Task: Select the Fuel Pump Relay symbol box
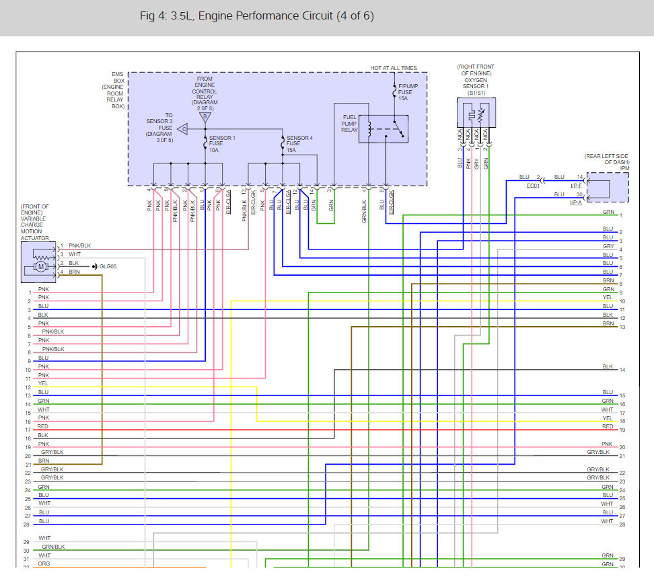tap(383, 128)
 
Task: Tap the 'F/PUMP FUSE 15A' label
tap(406, 92)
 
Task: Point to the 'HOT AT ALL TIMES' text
tap(394, 68)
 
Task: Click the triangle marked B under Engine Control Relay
tap(204, 116)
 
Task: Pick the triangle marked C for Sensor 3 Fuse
tap(183, 126)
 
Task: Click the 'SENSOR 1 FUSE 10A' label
tap(221, 143)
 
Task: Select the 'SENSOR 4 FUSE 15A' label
tap(299, 143)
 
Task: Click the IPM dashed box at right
tap(608, 187)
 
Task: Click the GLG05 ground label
tap(108, 266)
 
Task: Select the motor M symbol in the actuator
tap(40, 267)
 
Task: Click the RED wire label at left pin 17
tap(43, 426)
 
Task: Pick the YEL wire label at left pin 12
tap(43, 383)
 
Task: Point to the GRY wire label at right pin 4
tap(608, 246)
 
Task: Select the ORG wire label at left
tap(44, 564)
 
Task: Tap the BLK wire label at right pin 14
tap(608, 366)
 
